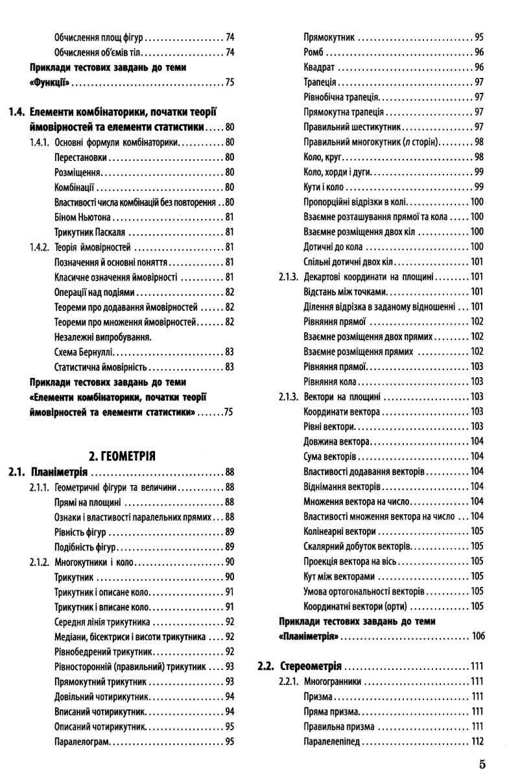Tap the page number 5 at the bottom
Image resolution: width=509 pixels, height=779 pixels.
482,763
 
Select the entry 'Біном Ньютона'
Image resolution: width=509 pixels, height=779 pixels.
85,217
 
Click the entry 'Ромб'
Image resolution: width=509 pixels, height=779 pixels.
314,52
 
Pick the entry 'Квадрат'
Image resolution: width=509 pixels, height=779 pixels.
318,67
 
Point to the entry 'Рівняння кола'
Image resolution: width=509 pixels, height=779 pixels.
329,381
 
